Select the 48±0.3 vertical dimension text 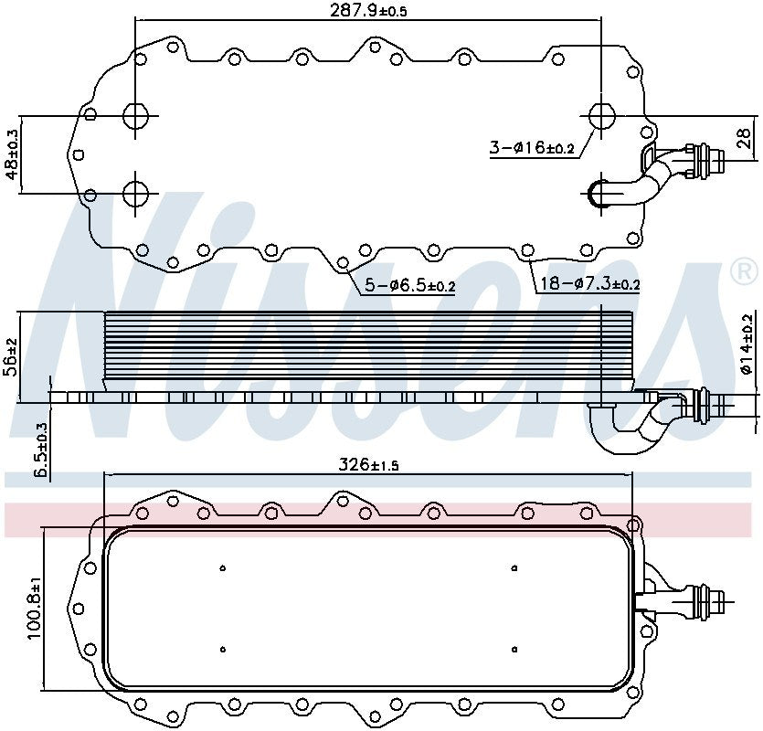tap(13, 154)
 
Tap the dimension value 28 tap(744, 139)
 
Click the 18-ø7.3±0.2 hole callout tap(589, 284)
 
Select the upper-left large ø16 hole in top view tap(134, 116)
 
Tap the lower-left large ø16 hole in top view tap(134, 194)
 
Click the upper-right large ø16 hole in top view tap(601, 116)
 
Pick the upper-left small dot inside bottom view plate tap(223, 568)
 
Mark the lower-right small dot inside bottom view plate tap(514, 649)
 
